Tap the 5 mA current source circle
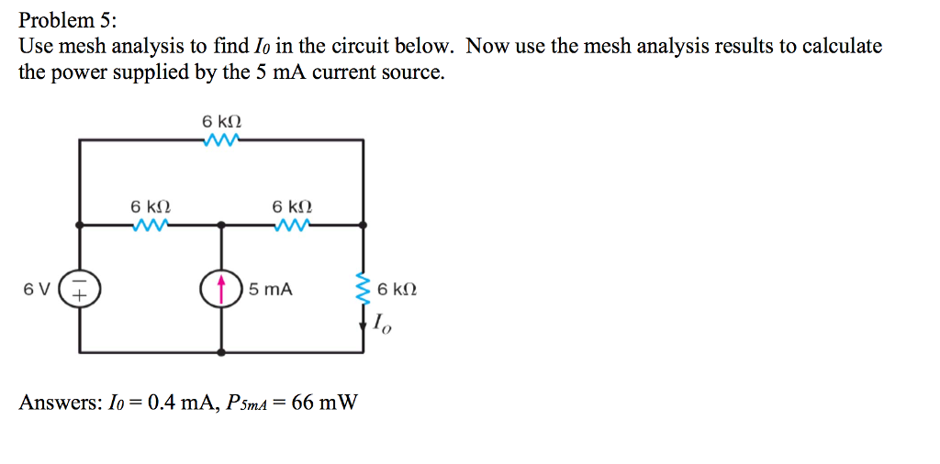tap(220, 289)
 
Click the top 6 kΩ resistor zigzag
tap(220, 140)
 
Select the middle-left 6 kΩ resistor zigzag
tap(150, 224)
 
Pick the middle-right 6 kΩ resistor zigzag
tap(292, 224)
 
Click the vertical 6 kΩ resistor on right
tap(364, 290)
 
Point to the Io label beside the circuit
tap(382, 324)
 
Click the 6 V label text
tap(37, 290)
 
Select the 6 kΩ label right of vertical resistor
tap(397, 290)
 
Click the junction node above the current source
tap(220, 224)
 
